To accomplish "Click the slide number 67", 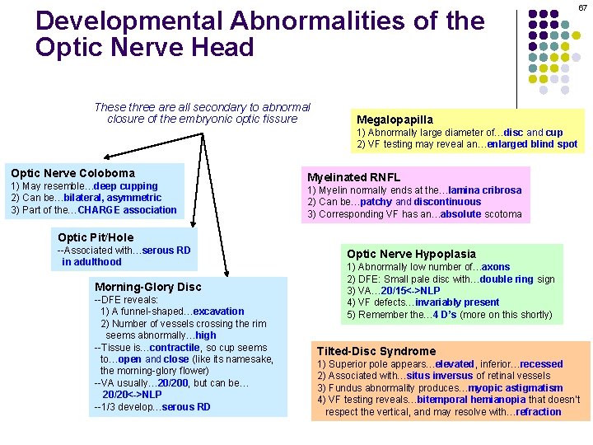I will (x=582, y=7).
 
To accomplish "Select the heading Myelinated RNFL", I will (x=353, y=177).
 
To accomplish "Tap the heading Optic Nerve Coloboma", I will (x=72, y=173).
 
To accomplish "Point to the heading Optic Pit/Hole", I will (x=96, y=237).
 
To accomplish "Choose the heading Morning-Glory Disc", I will (x=147, y=287).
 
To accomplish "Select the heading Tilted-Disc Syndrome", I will (x=376, y=351).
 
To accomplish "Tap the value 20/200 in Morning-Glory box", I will (x=174, y=382).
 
